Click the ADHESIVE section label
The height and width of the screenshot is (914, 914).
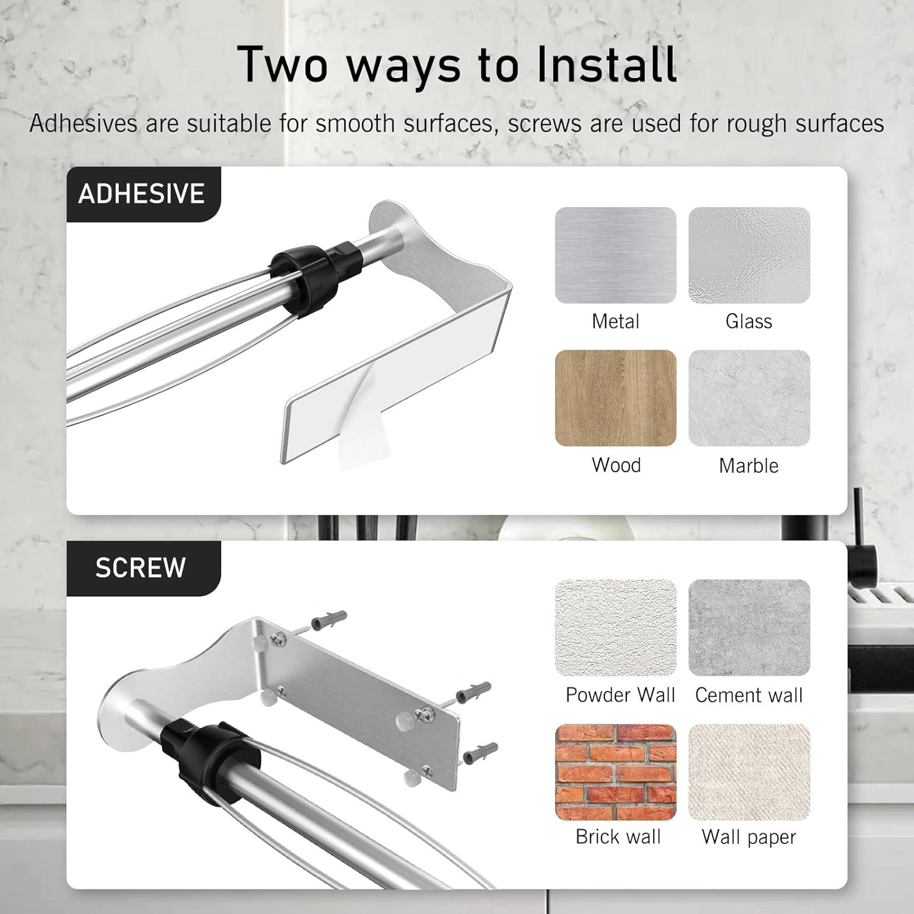(x=141, y=194)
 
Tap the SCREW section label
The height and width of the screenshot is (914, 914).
(x=140, y=568)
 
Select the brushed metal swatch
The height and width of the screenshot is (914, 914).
(x=615, y=255)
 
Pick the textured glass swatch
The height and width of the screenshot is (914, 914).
(x=749, y=255)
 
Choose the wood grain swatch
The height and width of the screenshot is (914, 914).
(x=615, y=398)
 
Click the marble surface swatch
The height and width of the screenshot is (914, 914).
(x=749, y=398)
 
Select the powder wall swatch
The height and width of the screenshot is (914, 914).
(x=615, y=628)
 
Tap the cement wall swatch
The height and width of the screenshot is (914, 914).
(x=749, y=628)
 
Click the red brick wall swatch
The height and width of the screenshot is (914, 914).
(x=615, y=772)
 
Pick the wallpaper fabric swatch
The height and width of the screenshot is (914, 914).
(x=749, y=772)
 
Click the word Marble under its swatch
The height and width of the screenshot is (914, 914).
(x=749, y=466)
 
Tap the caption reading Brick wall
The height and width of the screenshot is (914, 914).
(x=618, y=837)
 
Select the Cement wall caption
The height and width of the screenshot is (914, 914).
(x=749, y=695)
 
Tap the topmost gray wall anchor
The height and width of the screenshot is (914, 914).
(x=328, y=621)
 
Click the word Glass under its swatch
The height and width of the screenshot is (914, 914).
(x=749, y=321)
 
